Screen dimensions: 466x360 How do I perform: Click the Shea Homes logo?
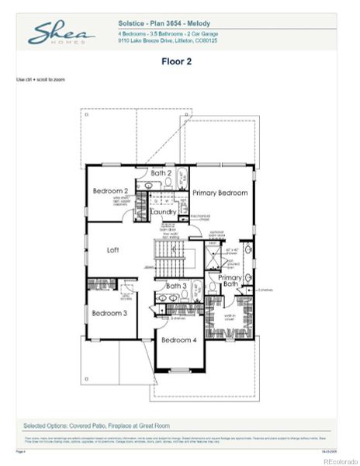tap(61, 33)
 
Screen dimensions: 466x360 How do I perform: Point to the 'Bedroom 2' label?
tap(110, 191)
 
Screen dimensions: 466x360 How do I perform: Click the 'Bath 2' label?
tap(161, 173)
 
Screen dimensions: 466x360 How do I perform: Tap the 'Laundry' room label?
tap(164, 211)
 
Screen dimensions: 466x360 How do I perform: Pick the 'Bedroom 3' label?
tap(109, 313)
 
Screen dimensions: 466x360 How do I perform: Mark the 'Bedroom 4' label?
tap(178, 339)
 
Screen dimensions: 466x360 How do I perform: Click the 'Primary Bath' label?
tap(230, 281)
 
